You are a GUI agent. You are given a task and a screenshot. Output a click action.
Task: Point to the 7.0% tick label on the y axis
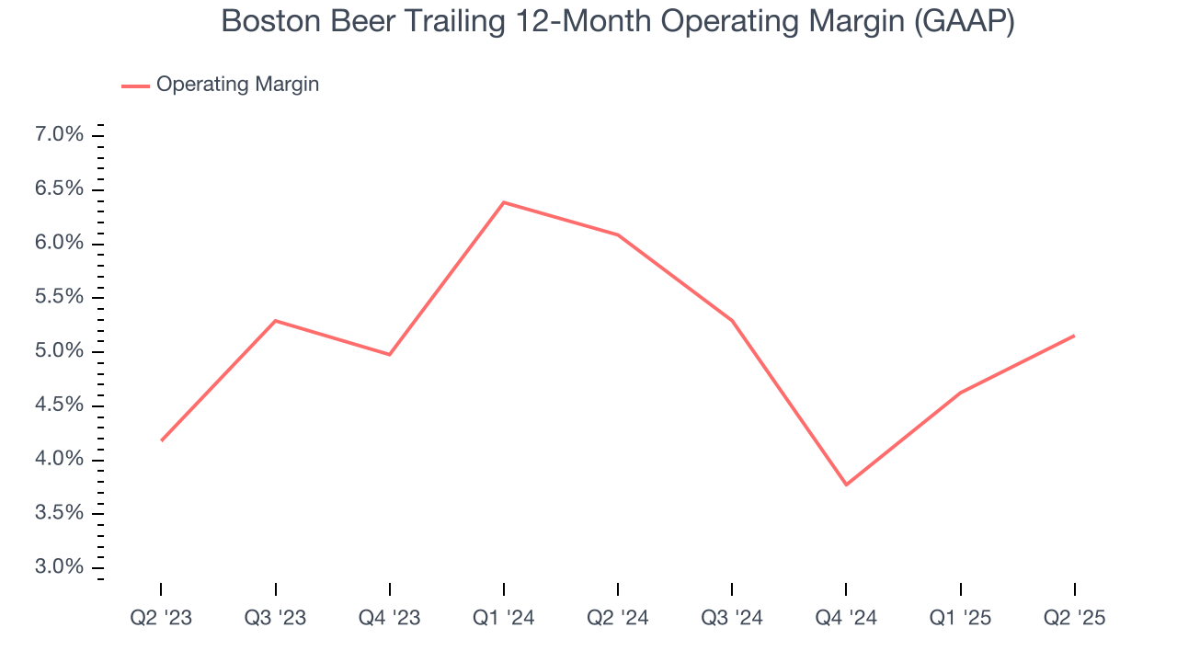61,135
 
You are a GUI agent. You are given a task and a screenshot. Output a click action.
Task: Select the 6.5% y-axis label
61,189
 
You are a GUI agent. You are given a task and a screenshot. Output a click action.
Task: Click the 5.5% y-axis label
61,297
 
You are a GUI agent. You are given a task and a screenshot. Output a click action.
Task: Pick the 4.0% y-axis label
61,460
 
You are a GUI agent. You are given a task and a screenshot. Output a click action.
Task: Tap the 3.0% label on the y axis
61,567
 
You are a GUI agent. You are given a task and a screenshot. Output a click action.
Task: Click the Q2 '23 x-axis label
161,618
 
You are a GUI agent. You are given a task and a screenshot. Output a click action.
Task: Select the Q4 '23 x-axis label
390,618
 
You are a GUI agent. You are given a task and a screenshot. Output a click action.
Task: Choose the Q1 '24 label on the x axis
504,618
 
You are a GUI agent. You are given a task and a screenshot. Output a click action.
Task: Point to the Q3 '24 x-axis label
732,618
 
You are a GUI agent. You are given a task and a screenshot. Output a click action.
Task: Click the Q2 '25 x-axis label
1075,618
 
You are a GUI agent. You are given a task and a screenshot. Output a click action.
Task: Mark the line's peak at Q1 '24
504,202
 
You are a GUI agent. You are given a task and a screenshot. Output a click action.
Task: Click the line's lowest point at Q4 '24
846,485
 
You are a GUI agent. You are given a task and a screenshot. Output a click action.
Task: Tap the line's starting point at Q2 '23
161,440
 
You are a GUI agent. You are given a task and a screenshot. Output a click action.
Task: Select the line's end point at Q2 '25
1074,336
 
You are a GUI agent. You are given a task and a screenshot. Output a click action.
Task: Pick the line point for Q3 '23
276,321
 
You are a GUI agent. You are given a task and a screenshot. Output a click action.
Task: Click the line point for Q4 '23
390,354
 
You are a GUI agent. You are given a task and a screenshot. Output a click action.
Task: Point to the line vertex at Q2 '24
618,234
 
